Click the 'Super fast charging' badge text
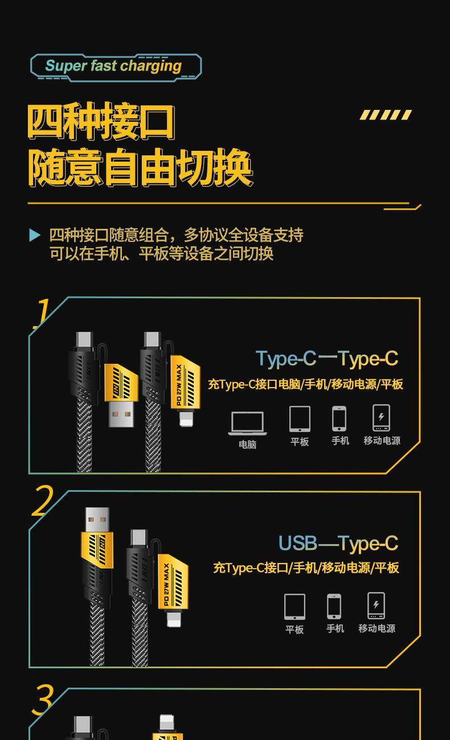click(113, 65)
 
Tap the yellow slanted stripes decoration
click(386, 114)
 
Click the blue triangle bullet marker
click(35, 235)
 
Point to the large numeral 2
click(42, 501)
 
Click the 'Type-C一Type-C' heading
click(327, 359)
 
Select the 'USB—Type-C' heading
click(338, 544)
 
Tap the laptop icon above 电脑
click(247, 423)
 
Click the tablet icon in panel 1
click(300, 419)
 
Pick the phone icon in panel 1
click(339, 418)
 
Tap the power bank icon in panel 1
click(381, 418)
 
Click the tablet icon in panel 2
click(294, 607)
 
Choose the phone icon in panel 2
click(334, 606)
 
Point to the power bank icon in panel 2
click(377, 606)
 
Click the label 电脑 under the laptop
click(247, 445)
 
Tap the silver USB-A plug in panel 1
click(121, 414)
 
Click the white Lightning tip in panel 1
click(186, 418)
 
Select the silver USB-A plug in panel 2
click(97, 520)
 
